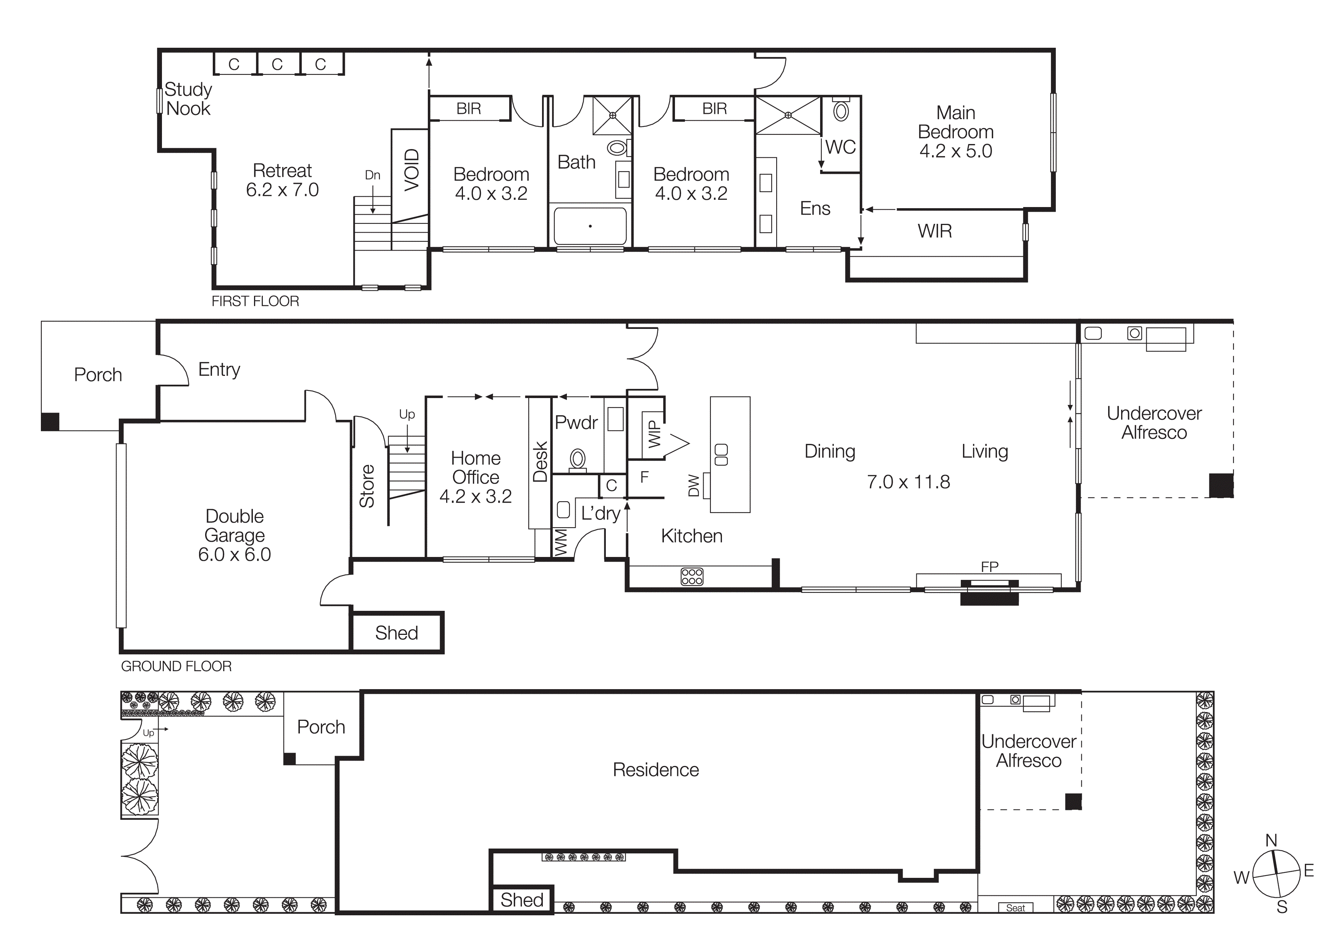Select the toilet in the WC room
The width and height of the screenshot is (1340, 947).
pyautogui.click(x=841, y=111)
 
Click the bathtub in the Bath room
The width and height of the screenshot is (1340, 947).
pyautogui.click(x=590, y=226)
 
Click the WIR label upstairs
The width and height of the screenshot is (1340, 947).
pyautogui.click(x=934, y=231)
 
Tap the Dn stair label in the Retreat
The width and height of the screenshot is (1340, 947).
pyautogui.click(x=372, y=175)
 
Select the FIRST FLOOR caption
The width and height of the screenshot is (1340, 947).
pyautogui.click(x=255, y=301)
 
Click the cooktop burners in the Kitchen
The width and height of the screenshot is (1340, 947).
pyautogui.click(x=692, y=576)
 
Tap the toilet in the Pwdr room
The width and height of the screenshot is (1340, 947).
pyautogui.click(x=578, y=459)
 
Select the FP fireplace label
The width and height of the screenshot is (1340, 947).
pyautogui.click(x=989, y=566)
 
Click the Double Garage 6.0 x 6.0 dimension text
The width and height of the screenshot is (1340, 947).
pyautogui.click(x=235, y=554)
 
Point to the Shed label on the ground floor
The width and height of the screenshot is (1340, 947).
pyautogui.click(x=396, y=633)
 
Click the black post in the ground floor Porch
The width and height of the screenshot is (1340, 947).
pyautogui.click(x=50, y=421)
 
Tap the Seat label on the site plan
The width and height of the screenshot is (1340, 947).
pyautogui.click(x=1015, y=908)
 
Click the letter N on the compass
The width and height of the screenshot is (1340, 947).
pyautogui.click(x=1271, y=840)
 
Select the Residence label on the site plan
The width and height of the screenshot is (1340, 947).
pyautogui.click(x=655, y=770)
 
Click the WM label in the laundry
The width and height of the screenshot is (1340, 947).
pyautogui.click(x=560, y=542)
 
